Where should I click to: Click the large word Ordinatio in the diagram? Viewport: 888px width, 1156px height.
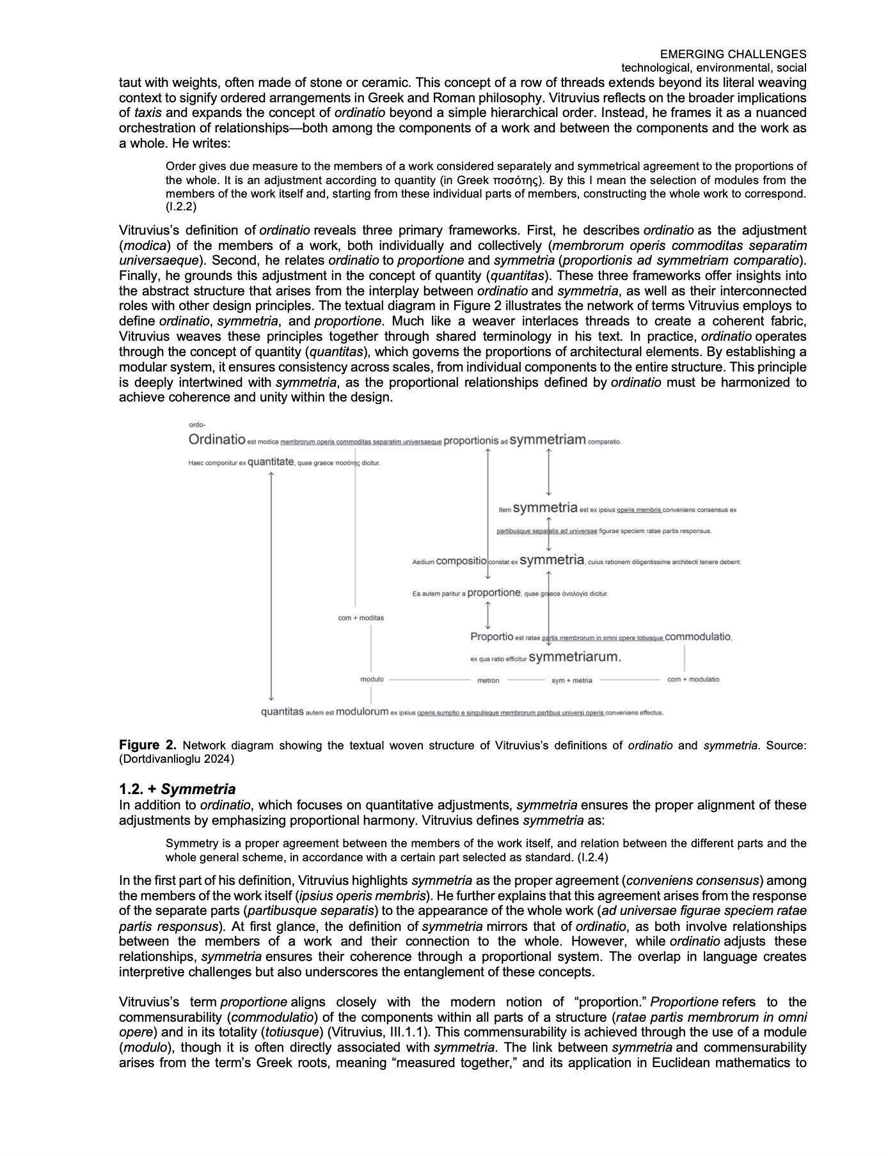pos(217,439)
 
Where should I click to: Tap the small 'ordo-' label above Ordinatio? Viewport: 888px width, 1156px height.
pos(196,425)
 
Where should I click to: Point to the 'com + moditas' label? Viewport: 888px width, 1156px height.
pos(361,618)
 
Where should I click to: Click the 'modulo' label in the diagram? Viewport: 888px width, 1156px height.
pos(372,679)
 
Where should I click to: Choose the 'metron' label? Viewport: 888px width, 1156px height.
pos(488,680)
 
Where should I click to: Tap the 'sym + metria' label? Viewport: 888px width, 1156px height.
pos(571,680)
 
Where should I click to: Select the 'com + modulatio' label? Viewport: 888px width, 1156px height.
pos(693,679)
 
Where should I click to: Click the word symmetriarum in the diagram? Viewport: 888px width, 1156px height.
pos(575,657)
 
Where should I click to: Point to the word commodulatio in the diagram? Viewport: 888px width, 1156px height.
pos(698,637)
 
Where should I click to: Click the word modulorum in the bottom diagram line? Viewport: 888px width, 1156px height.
pos(362,712)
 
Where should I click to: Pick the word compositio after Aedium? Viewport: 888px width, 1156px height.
pos(461,561)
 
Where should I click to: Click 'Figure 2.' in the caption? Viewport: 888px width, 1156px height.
pos(148,745)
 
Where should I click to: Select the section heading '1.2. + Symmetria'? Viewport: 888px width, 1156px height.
pos(177,789)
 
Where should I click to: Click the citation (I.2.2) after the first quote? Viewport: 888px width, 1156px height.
pos(181,208)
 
